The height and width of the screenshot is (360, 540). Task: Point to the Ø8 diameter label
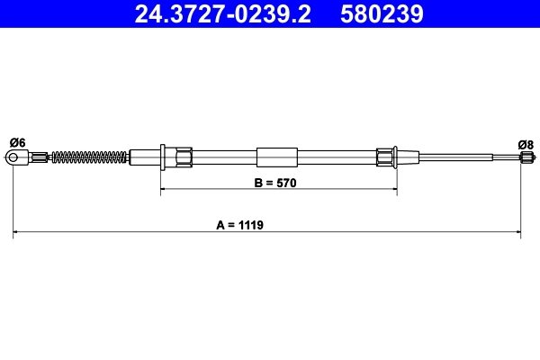526,143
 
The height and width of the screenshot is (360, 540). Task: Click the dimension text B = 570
275,182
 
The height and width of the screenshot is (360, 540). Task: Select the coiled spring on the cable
90,158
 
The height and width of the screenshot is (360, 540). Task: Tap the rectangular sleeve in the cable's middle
276,157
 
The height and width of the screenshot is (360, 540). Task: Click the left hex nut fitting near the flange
183,157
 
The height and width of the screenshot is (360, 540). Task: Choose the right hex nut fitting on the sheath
386,157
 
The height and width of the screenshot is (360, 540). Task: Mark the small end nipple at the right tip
521,158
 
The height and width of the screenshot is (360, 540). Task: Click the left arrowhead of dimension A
17,233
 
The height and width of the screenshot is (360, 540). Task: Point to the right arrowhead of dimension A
517,233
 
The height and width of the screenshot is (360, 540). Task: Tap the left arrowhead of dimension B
165,191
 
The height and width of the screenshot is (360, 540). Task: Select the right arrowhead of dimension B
392,191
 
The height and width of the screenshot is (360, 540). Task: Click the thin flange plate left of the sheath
160,157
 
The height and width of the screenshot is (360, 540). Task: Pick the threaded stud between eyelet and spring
41,158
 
